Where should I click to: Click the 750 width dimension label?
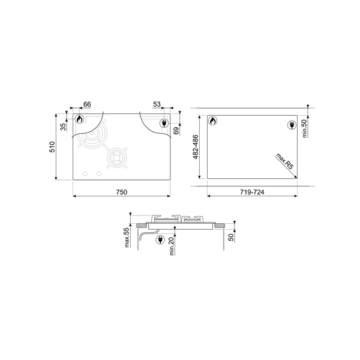click(x=121, y=191)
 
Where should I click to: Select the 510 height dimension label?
click(x=52, y=147)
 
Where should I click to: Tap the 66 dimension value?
click(x=87, y=104)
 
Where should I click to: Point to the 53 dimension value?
click(x=157, y=104)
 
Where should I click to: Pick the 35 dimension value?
click(x=62, y=127)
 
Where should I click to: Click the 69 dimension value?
click(x=176, y=130)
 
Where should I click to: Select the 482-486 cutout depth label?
click(x=195, y=147)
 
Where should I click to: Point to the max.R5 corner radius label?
click(x=284, y=163)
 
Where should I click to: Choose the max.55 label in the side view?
click(x=127, y=237)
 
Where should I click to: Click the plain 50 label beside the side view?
click(x=232, y=236)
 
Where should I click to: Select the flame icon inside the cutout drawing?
click(x=212, y=121)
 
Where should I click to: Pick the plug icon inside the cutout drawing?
click(x=292, y=124)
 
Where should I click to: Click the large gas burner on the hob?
click(x=91, y=140)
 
